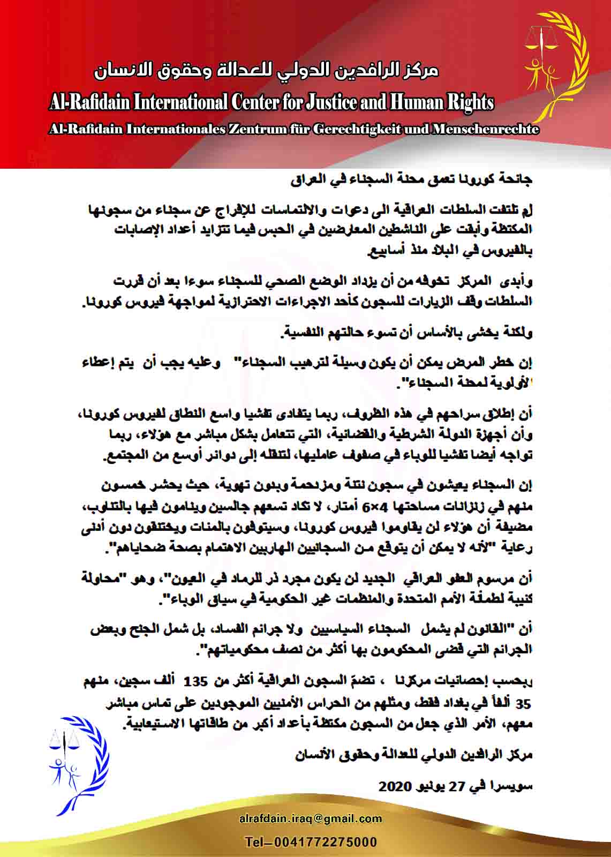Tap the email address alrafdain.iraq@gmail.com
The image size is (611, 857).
311,818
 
